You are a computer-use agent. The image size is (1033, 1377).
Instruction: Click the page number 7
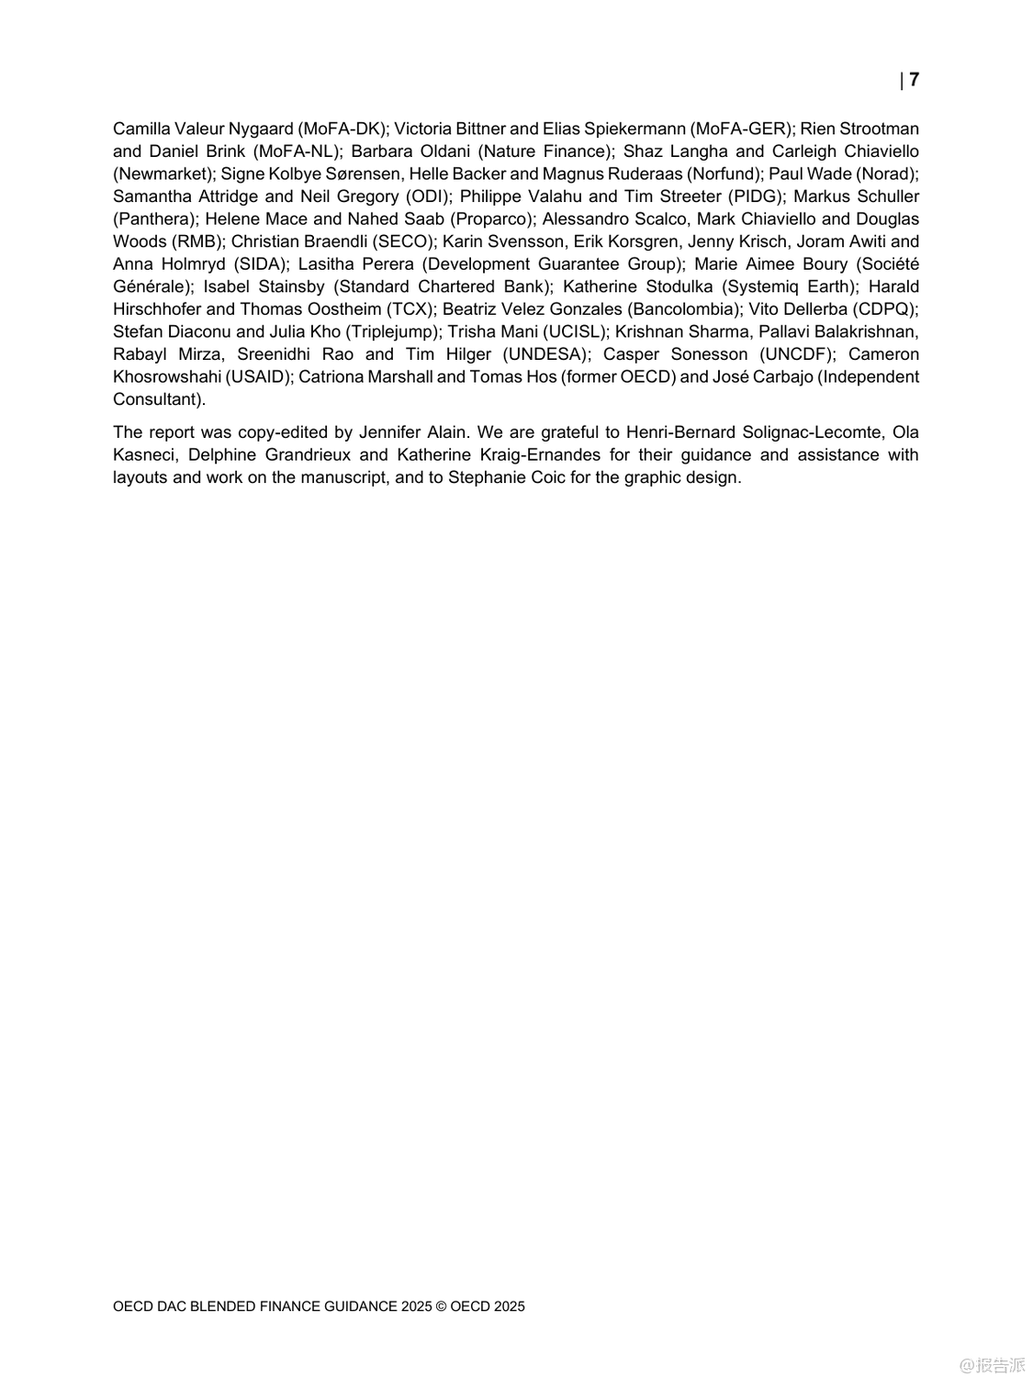point(914,80)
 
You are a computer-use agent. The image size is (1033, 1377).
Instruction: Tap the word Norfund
point(725,174)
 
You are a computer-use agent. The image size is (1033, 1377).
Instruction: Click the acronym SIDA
point(261,264)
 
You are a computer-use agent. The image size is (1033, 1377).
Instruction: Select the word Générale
point(150,286)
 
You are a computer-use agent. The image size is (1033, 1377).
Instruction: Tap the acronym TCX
point(410,309)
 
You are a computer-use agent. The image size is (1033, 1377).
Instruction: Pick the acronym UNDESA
point(545,354)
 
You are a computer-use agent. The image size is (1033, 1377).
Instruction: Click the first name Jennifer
point(394,432)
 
